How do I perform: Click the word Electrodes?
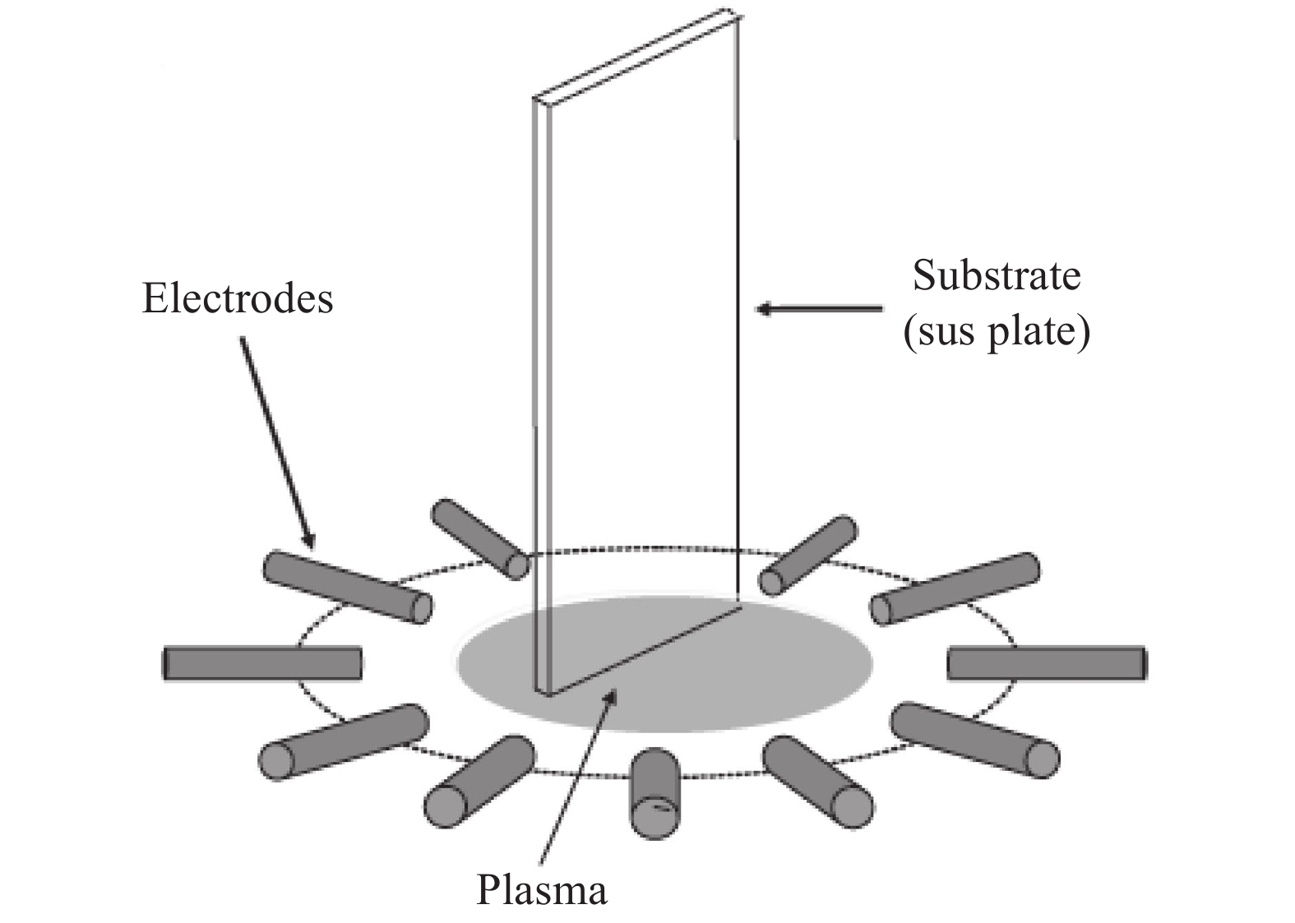coord(238,298)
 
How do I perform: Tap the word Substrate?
coord(996,276)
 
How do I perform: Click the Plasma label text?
coord(542,890)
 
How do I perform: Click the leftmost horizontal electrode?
coord(262,663)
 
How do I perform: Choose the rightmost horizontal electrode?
coord(1047,663)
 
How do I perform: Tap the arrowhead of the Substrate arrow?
coord(764,309)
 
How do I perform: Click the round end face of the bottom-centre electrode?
coord(655,817)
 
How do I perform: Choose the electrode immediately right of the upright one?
coord(819,781)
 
